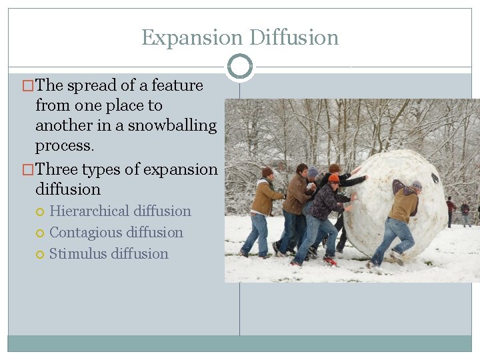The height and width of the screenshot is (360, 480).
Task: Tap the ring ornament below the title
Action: [240, 66]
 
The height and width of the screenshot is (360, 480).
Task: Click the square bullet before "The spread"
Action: [27, 86]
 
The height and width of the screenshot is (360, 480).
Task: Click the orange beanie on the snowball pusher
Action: [334, 178]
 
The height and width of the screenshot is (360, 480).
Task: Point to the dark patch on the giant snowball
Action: [435, 178]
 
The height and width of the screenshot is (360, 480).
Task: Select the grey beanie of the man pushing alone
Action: [417, 185]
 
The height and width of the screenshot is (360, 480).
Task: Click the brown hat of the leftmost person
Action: [267, 172]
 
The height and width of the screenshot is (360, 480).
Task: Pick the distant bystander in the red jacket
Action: [451, 206]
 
